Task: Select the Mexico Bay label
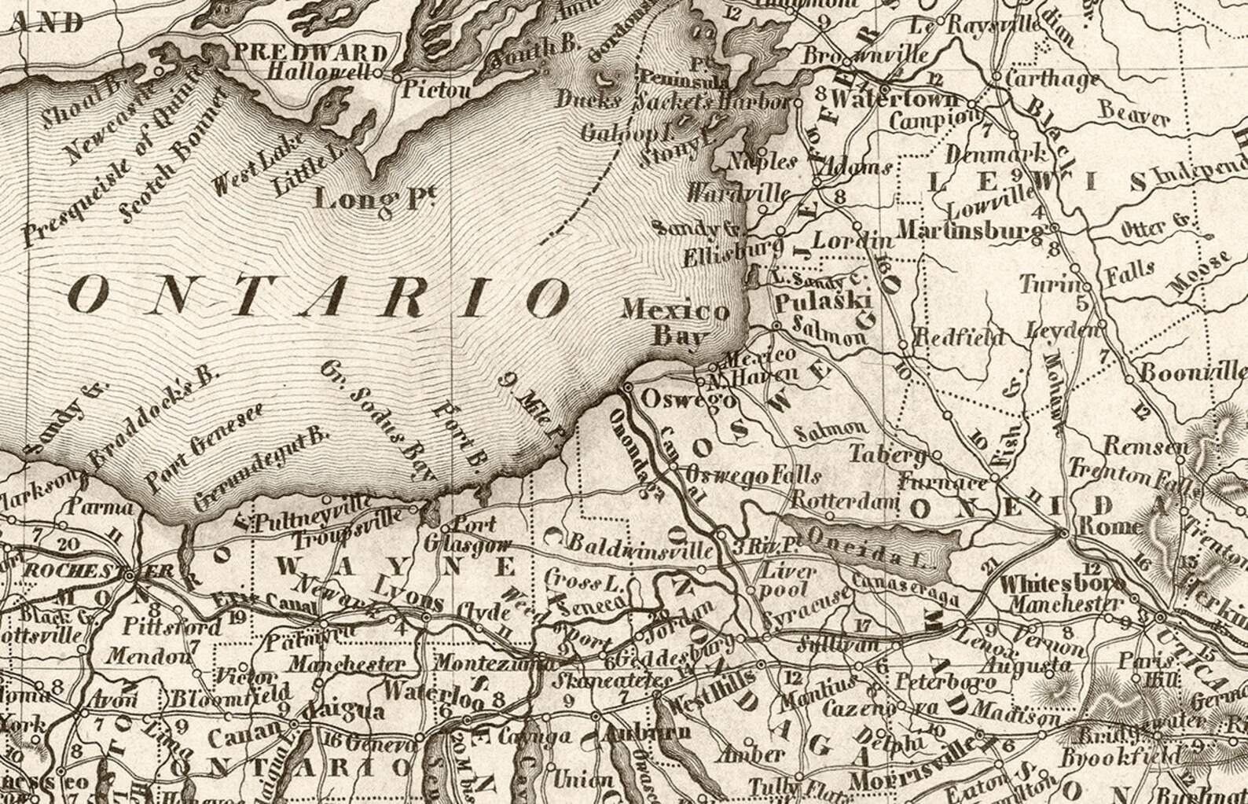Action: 677,323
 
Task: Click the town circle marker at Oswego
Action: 628,387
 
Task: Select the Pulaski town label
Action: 813,303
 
